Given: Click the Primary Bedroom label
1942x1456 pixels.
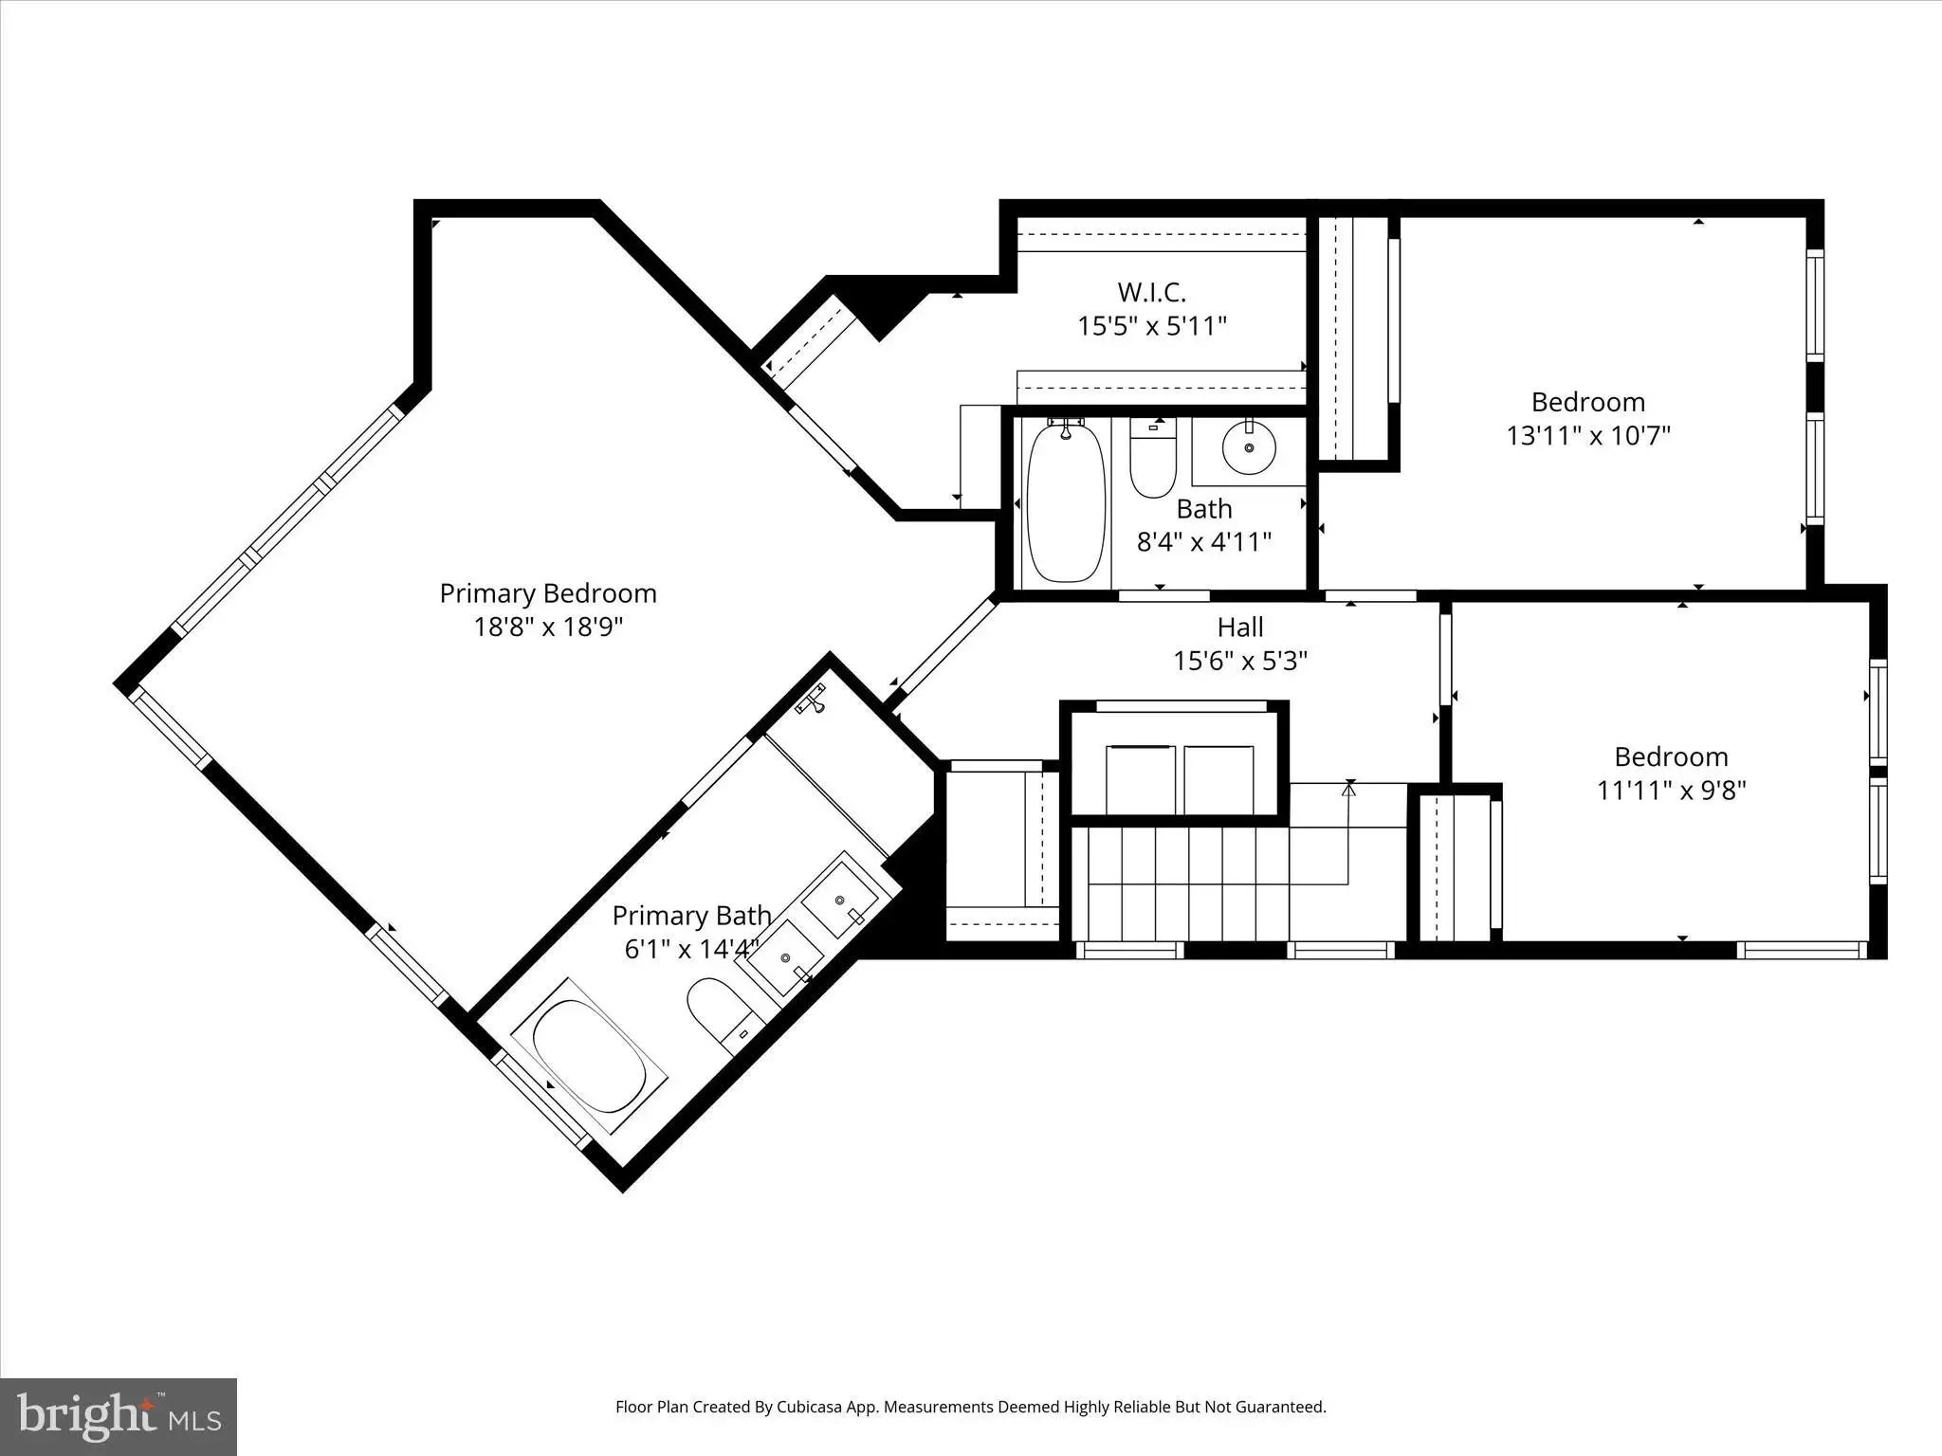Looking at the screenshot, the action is coord(548,593).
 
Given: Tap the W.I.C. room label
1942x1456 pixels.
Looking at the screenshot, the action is coord(1151,292).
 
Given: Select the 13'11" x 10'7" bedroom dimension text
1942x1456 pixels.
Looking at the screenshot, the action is coord(1588,436).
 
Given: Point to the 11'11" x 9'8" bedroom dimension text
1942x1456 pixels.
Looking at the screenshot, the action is coord(1672,791).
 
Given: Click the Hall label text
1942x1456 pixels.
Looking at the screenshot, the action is coord(1240,627).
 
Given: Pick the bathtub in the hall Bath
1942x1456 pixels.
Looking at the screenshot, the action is coord(1067,502).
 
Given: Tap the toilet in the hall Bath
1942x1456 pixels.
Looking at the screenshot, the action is coord(1153,458).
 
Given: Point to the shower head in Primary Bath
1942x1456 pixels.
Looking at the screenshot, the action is coord(813,700).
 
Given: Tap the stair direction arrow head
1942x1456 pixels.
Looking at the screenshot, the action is coord(1348,786).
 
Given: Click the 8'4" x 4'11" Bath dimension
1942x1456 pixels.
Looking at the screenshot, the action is coord(1204,542).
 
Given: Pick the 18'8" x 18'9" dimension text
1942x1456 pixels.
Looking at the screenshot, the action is coord(548,628).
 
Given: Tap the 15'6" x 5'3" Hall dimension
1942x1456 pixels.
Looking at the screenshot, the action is coord(1240,661).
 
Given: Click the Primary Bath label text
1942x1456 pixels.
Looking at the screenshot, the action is coord(691,916).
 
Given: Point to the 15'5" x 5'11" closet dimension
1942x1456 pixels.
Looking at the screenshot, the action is coord(1152,326).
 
